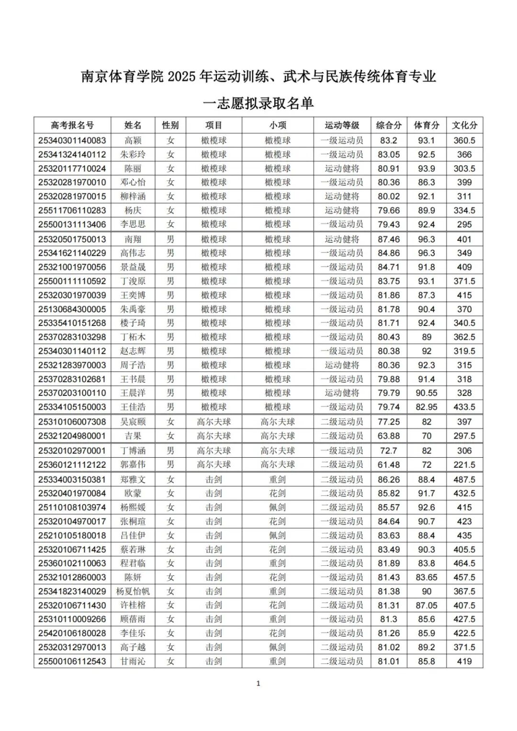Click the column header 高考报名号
click(x=72, y=125)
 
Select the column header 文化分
click(x=464, y=125)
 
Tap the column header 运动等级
click(x=342, y=125)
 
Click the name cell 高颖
click(x=133, y=140)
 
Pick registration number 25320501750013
click(x=72, y=239)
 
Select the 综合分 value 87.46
click(x=389, y=239)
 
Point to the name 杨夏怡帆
click(x=133, y=591)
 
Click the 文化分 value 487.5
click(x=464, y=479)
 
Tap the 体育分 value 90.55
click(x=427, y=393)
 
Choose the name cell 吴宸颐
click(x=133, y=422)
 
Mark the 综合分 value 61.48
click(x=389, y=464)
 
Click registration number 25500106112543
click(x=72, y=661)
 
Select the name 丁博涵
click(x=133, y=450)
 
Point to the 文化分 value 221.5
click(x=464, y=464)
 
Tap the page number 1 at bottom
click(x=258, y=683)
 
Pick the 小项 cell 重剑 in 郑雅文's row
click(x=278, y=479)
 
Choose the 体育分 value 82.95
click(x=427, y=407)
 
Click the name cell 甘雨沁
click(x=133, y=661)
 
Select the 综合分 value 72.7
click(x=389, y=450)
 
